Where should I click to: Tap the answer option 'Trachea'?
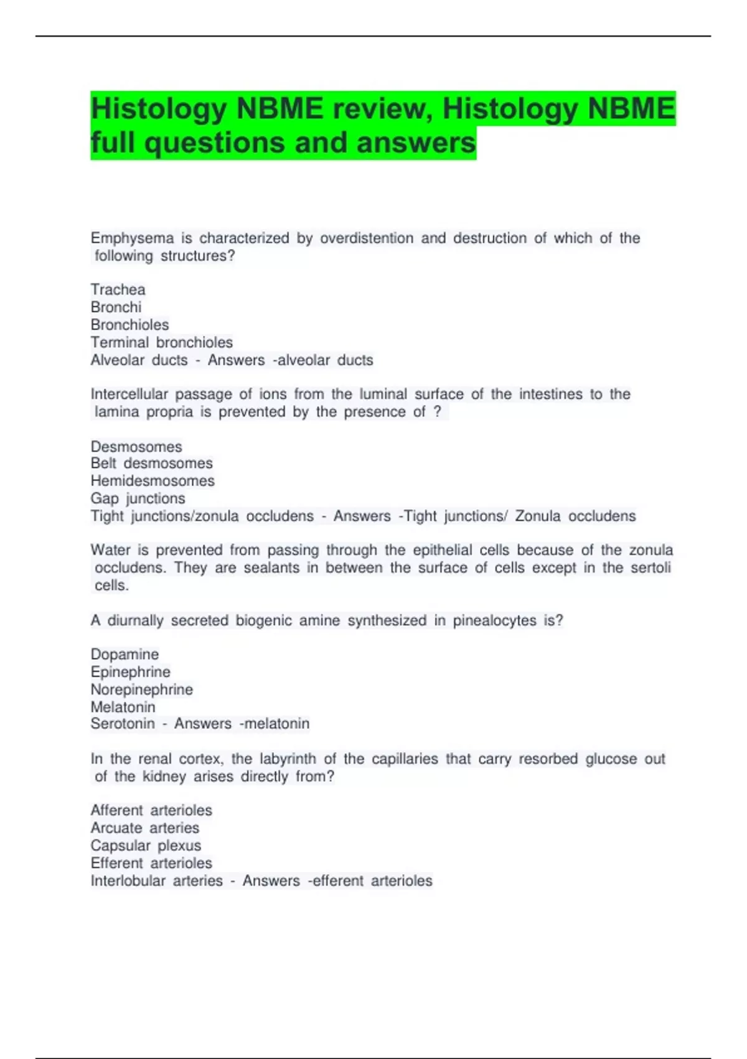click(x=118, y=290)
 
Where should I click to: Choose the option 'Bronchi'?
click(x=116, y=307)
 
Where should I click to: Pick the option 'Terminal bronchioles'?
click(x=161, y=343)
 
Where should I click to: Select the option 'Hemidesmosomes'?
click(x=153, y=481)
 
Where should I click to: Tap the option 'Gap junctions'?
click(x=138, y=498)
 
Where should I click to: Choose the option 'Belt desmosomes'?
click(x=151, y=463)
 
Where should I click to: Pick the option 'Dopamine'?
click(x=125, y=655)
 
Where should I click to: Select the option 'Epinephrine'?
click(x=130, y=672)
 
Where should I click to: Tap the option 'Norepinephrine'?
click(x=141, y=690)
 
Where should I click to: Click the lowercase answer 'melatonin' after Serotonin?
click(x=276, y=724)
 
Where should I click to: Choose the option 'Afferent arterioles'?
click(x=151, y=810)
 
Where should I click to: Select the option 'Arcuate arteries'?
click(x=144, y=828)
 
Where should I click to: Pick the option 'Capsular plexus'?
click(x=146, y=845)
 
